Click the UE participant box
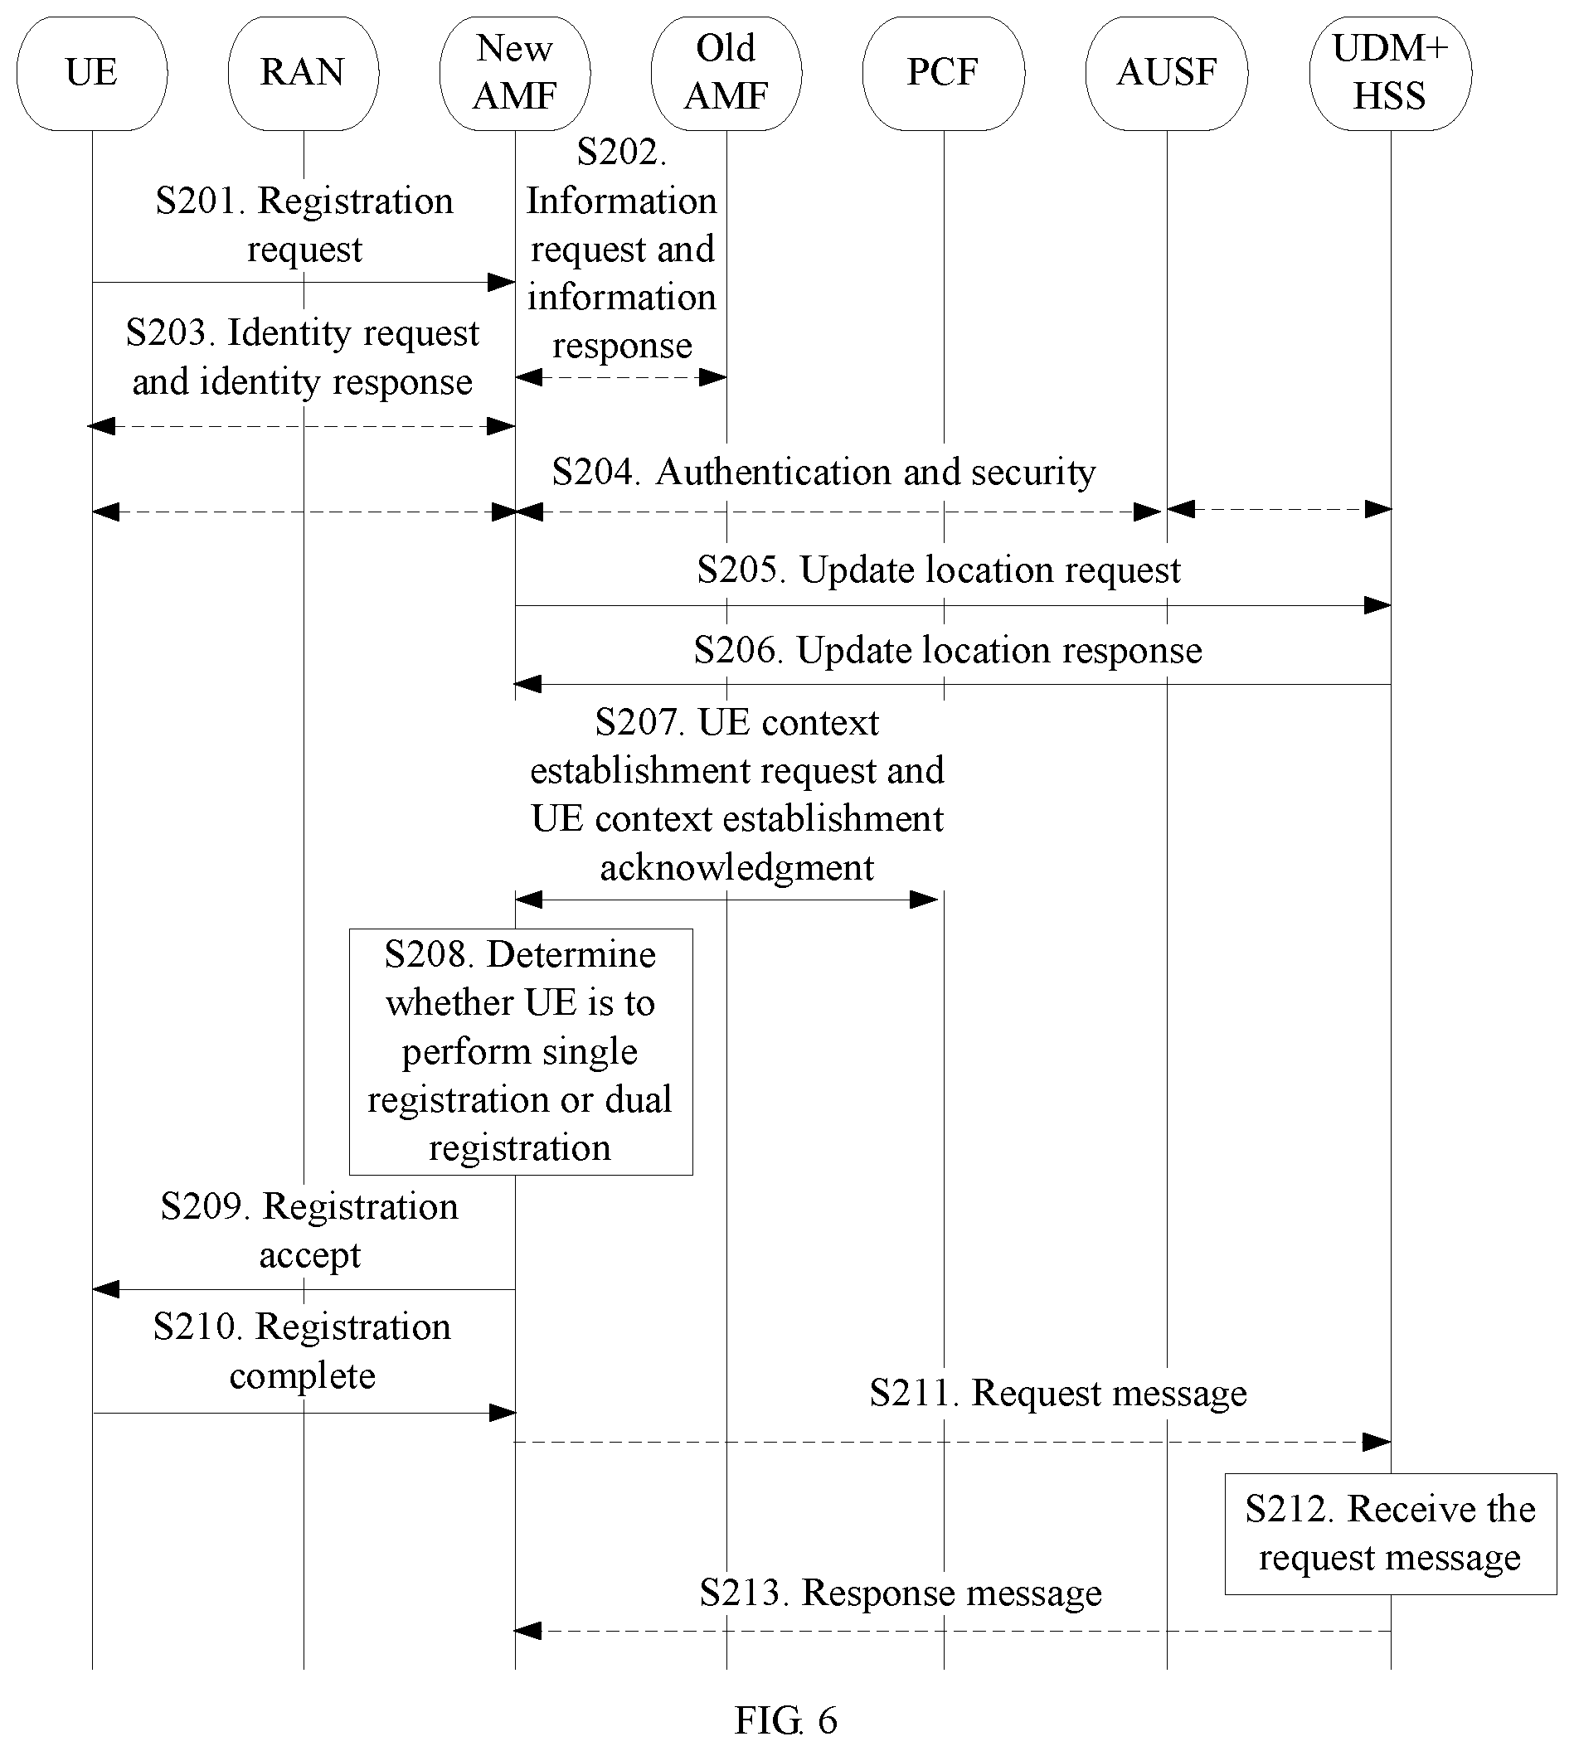(92, 74)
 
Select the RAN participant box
(304, 74)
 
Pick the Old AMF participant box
(726, 74)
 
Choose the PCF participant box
(944, 74)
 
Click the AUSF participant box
(1167, 74)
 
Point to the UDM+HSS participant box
(1391, 74)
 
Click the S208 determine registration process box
(521, 1051)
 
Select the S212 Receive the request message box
(1391, 1534)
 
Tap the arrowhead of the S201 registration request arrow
(503, 282)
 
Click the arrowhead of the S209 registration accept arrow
(105, 1289)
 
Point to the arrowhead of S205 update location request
(1377, 605)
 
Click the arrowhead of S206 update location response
(528, 684)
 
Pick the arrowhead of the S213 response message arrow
(528, 1631)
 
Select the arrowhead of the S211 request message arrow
(1377, 1442)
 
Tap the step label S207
(639, 723)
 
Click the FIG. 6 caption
(786, 1719)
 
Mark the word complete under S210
(303, 1375)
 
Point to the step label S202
(622, 153)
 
